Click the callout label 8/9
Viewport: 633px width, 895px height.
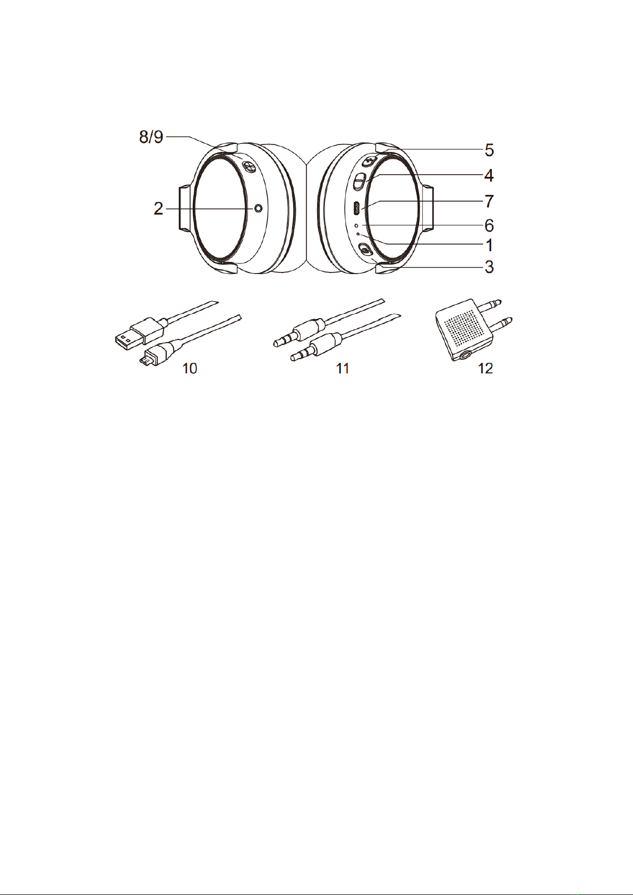pyautogui.click(x=151, y=137)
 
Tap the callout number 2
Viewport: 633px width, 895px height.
pyautogui.click(x=159, y=209)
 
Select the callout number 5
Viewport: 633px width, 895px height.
pyautogui.click(x=489, y=150)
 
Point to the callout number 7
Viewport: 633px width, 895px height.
pyautogui.click(x=489, y=201)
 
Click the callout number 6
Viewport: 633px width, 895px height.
pyautogui.click(x=489, y=226)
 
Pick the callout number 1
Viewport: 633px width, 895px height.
pyautogui.click(x=489, y=245)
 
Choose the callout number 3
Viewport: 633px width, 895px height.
pyautogui.click(x=489, y=267)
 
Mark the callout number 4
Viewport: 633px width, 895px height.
pyautogui.click(x=489, y=176)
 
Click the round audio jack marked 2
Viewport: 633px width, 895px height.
pyautogui.click(x=259, y=209)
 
